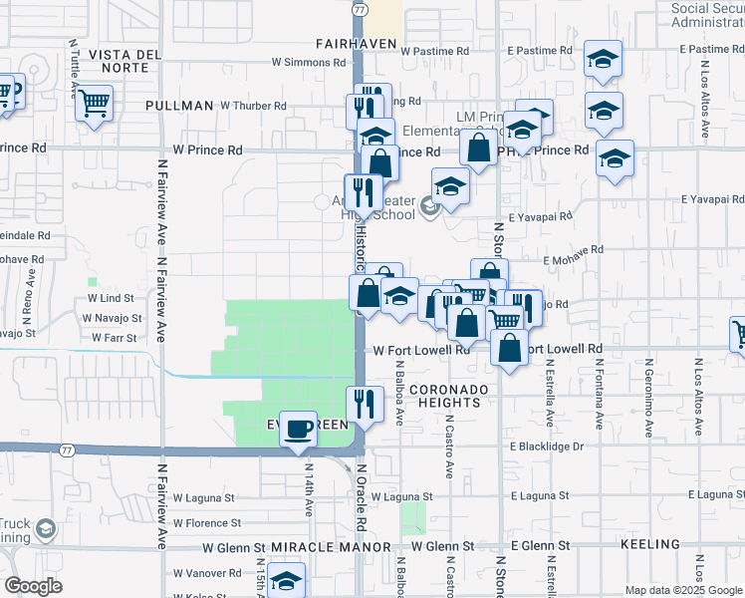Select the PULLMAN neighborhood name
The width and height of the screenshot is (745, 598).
(179, 105)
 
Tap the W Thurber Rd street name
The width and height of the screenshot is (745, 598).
(253, 105)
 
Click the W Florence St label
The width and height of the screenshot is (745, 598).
(207, 522)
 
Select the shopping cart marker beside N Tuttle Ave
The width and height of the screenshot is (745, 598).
(94, 103)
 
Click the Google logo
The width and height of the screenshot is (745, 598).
(33, 586)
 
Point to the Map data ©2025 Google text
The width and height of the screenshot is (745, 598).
(682, 590)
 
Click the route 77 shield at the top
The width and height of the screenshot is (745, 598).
(357, 7)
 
